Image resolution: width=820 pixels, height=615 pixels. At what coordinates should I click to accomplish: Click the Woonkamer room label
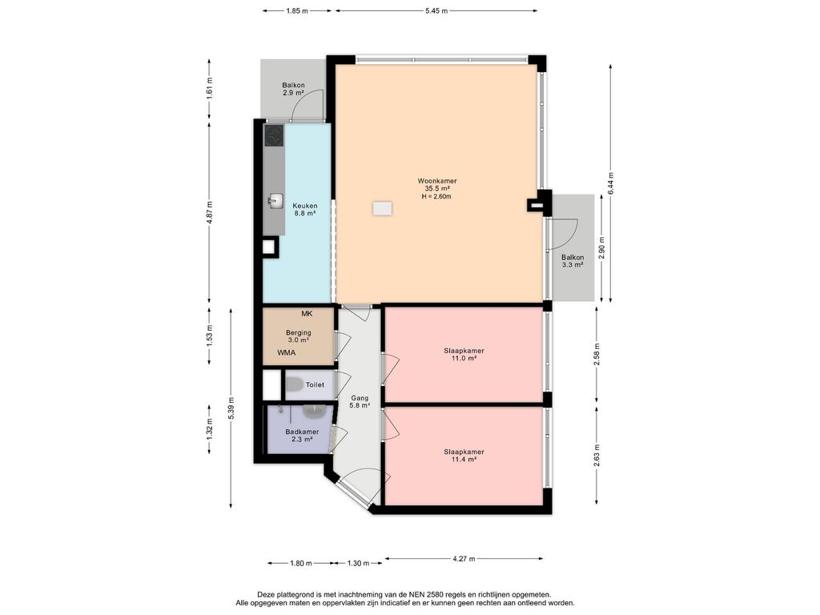point(436,181)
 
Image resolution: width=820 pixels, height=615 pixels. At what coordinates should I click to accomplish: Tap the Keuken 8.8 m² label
point(305,209)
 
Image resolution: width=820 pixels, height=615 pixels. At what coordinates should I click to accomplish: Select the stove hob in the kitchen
point(274,135)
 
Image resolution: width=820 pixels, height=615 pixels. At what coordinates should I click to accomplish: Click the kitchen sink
point(275,200)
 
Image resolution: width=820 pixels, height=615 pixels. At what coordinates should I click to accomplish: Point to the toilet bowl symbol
point(295,384)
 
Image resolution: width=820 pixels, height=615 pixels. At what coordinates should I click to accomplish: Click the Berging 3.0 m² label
point(298,336)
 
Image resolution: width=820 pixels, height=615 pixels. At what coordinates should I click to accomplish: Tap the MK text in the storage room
point(307,314)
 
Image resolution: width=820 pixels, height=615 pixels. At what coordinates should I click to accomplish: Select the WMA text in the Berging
point(287,352)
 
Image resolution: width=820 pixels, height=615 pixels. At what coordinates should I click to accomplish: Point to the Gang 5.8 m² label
point(360,401)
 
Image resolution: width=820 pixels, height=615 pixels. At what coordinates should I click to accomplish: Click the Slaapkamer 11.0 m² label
point(464,354)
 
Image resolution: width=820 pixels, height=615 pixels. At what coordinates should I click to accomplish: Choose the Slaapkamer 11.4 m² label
point(464,456)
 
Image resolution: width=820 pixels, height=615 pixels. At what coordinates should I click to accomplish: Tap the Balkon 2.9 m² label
point(293,89)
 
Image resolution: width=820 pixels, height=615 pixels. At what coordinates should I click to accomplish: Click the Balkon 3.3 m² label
point(573,261)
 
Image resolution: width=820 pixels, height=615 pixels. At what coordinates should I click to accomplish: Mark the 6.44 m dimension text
point(610,183)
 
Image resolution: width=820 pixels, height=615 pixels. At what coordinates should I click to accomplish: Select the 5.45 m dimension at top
point(436,10)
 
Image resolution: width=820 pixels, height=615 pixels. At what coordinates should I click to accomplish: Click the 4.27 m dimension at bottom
point(464,558)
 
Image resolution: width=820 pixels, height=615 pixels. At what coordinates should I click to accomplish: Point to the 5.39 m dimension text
point(231,408)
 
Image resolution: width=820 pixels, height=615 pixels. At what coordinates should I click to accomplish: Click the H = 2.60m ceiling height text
point(436,197)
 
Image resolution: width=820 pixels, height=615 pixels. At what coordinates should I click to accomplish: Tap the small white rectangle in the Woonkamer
point(382,209)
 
